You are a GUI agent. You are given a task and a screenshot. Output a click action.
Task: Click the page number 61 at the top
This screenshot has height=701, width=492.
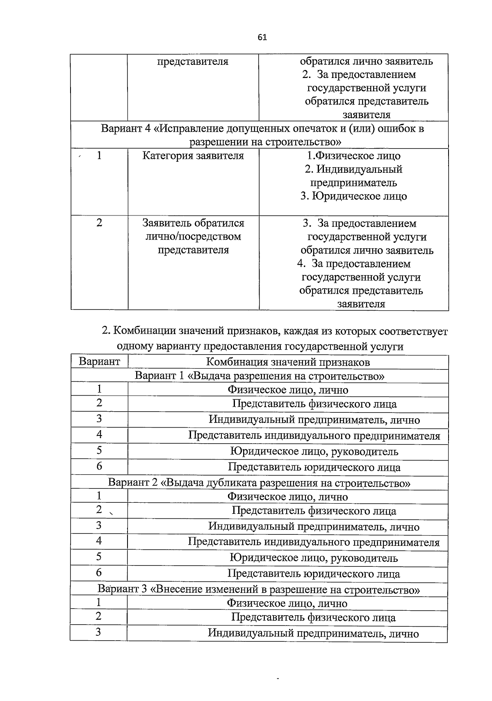click(x=262, y=38)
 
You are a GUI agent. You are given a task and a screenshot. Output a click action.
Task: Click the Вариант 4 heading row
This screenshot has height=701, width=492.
click(x=262, y=135)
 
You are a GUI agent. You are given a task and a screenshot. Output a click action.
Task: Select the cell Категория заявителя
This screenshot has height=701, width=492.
click(x=193, y=156)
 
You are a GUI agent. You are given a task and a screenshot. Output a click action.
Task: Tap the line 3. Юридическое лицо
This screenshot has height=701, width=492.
click(x=353, y=196)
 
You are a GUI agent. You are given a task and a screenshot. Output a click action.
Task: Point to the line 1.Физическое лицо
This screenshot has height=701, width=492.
click(x=353, y=156)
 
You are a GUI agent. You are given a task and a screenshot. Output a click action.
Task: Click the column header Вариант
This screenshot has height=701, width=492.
click(x=99, y=362)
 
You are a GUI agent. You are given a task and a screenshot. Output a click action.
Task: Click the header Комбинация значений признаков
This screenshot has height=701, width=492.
click(x=288, y=362)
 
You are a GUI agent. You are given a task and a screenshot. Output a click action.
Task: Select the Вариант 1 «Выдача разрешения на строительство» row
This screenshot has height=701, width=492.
click(x=259, y=376)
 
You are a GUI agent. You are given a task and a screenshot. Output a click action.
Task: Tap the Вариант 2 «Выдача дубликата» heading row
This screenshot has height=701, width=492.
click(x=259, y=483)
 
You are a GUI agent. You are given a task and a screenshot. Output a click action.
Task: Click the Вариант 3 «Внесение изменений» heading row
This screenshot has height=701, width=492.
click(x=259, y=589)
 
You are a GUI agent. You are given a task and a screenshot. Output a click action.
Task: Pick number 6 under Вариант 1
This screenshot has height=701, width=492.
click(x=99, y=466)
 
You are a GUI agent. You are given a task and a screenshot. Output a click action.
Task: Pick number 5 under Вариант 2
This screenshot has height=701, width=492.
click(x=99, y=557)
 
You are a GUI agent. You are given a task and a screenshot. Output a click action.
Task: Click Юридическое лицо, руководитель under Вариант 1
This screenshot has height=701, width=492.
click(x=314, y=452)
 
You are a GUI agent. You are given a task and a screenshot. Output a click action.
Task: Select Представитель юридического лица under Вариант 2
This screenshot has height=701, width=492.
click(x=314, y=574)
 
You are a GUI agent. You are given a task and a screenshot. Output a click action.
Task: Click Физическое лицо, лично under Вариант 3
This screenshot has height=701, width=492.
click(x=287, y=603)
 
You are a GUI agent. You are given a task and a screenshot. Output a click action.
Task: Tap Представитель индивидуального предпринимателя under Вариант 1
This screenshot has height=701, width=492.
click(x=314, y=435)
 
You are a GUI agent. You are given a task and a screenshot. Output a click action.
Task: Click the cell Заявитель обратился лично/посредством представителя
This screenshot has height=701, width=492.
click(x=193, y=236)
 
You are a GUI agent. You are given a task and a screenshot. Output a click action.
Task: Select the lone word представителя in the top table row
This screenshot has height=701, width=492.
click(x=193, y=62)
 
